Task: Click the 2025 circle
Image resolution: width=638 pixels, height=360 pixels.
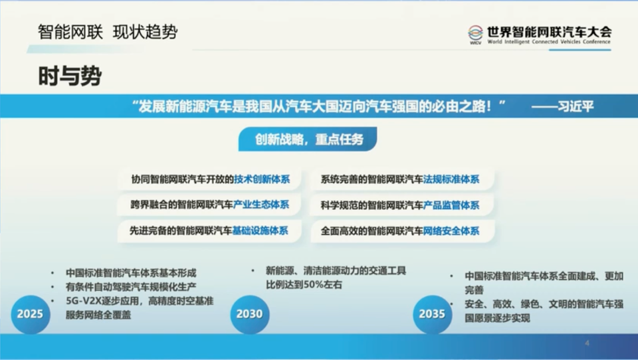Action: pos(31,314)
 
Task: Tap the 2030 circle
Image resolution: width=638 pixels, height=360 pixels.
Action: pos(250,314)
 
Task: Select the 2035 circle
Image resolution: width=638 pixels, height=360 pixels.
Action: pos(433,314)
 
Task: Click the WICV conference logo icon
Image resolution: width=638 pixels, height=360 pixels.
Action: pos(475,35)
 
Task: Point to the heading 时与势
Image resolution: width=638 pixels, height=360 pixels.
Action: pos(70,76)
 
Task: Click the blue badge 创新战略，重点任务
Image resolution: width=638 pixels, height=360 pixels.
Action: pos(308,139)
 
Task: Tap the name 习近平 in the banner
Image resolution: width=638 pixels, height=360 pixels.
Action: pos(576,106)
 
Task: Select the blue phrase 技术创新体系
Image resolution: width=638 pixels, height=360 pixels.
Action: pos(262,179)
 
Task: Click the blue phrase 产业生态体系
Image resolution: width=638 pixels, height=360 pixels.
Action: pos(261,205)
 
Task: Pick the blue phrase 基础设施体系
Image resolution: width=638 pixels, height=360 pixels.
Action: pos(260,230)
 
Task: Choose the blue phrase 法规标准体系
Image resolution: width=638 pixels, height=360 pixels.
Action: pos(451,179)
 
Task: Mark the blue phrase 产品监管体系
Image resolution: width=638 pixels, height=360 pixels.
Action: pos(451,205)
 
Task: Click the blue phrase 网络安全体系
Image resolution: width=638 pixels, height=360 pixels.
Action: pos(451,231)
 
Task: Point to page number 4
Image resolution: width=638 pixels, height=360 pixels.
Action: pos(587,343)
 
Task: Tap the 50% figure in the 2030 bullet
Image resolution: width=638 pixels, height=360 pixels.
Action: pos(312,285)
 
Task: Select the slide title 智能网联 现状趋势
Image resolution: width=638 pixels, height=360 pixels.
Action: pos(108,32)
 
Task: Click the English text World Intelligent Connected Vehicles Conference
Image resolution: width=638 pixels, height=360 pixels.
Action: pos(549,41)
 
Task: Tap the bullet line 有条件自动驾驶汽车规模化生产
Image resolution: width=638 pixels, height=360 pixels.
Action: pos(131,287)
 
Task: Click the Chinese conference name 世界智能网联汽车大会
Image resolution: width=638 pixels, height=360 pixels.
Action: pos(550,32)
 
